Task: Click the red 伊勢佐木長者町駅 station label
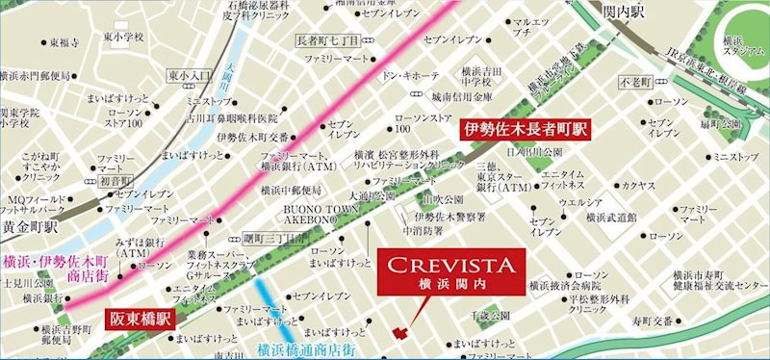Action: tap(526, 129)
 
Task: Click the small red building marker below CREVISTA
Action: tap(399, 332)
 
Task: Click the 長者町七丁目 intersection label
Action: tap(326, 40)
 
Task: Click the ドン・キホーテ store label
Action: tap(412, 74)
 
